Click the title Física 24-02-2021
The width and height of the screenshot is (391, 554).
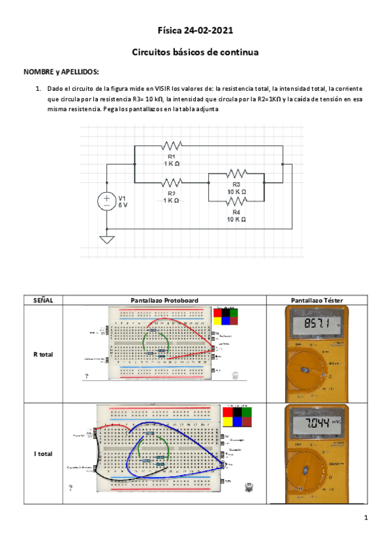(195, 31)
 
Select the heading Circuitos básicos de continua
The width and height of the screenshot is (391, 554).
(195, 52)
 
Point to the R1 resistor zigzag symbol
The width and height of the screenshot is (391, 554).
(171, 146)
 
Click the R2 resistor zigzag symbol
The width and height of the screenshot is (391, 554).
(171, 183)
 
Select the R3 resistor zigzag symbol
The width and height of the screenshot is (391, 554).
(236, 174)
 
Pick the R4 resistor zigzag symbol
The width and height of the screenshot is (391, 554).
(236, 203)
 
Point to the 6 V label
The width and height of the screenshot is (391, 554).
(123, 205)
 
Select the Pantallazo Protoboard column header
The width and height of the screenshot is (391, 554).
(164, 300)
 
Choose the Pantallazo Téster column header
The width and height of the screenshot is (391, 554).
(317, 300)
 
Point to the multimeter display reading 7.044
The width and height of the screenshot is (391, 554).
(319, 424)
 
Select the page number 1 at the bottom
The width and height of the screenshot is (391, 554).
(367, 518)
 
